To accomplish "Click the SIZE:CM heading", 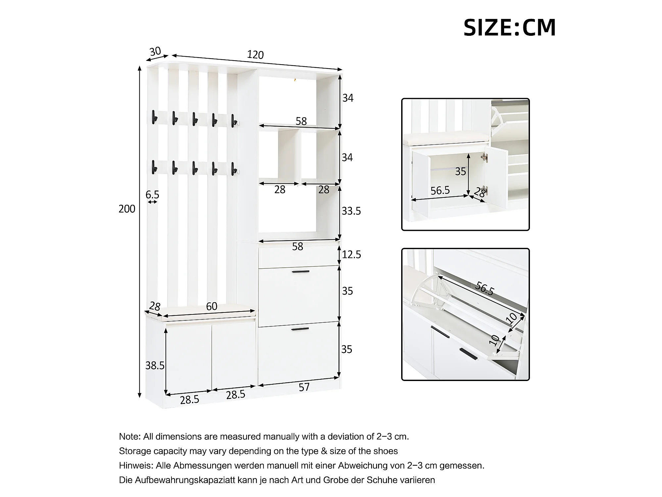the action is pos(509,28).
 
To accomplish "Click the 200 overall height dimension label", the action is pos(127,209).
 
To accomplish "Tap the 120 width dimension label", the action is pos(255,55).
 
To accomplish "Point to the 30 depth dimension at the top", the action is pos(155,51).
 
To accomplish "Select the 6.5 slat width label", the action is pos(152,194).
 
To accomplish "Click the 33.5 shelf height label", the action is pos(351,211).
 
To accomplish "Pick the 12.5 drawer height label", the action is pos(352,254).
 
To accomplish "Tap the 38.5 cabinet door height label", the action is pos(155,365).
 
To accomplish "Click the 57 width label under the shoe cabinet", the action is pos(304,387).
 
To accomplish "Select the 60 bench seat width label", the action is pos(212,306).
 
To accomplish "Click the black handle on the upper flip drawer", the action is pos(301,272).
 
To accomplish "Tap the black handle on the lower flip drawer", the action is pos(300,329).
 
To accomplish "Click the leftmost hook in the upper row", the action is pos(153,118).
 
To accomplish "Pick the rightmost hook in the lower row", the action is pos(234,168).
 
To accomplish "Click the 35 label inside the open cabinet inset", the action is pos(460,171).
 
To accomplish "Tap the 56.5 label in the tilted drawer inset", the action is pos(485,288).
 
